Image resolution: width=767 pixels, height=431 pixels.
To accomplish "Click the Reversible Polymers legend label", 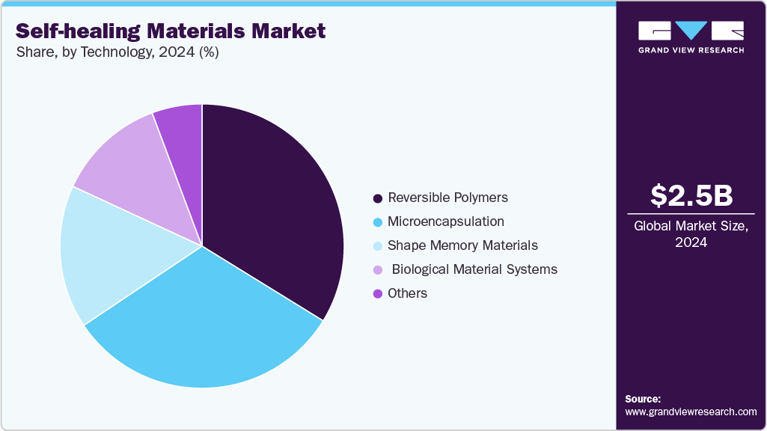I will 447,198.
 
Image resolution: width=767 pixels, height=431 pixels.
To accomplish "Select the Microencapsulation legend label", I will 445,221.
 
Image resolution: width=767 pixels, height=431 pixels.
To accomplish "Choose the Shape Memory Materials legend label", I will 462,245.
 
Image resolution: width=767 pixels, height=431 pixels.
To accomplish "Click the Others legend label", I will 407,293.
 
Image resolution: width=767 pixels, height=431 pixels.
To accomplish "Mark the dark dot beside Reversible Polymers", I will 378,198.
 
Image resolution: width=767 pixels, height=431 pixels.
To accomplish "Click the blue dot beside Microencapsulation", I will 378,222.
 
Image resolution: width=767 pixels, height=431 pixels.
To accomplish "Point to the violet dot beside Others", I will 378,294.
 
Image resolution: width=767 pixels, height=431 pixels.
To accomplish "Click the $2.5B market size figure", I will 691,195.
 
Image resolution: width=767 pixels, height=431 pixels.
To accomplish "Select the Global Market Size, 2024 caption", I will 691,233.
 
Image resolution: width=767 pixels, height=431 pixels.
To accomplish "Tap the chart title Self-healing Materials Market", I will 170,31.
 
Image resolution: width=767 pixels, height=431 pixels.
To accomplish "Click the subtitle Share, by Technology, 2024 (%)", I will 117,52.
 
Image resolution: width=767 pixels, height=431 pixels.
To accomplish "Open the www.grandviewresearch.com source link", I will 691,412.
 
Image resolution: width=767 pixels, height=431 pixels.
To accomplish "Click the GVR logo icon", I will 691,31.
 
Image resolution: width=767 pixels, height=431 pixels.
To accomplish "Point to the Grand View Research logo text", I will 691,50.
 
